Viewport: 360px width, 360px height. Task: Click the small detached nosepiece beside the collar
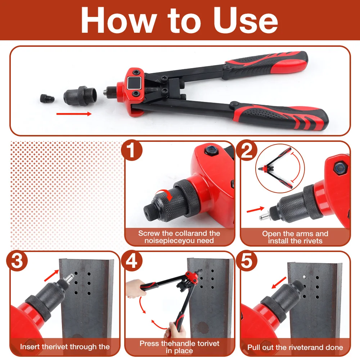(45, 98)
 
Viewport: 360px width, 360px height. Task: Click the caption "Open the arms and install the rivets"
(295, 237)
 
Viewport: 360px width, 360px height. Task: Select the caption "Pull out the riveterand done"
(295, 347)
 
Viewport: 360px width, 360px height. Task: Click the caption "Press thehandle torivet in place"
(180, 347)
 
